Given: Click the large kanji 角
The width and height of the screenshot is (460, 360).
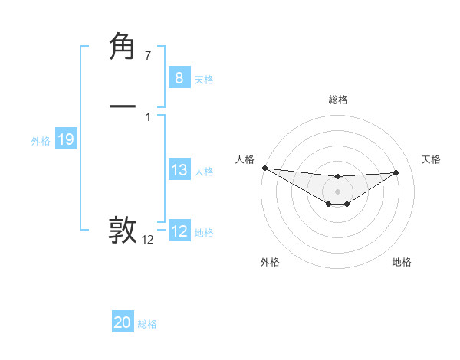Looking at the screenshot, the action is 123,47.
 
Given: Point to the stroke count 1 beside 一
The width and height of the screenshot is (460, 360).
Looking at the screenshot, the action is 147,116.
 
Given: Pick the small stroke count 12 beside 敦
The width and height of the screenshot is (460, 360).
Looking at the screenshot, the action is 147,240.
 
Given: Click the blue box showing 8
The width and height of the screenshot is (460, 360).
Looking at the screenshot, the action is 179,78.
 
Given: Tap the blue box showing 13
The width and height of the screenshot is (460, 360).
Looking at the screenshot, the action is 179,170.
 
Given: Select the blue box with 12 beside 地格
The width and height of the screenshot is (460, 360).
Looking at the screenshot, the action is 179,231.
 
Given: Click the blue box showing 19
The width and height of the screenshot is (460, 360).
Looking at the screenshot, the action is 65,139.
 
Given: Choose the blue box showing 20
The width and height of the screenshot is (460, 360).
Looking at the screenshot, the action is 123,322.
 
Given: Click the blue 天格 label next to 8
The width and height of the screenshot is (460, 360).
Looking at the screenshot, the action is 204,80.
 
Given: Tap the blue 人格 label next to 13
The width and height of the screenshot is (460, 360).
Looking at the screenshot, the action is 204,172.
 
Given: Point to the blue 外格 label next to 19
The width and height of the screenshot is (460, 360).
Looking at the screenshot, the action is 41,141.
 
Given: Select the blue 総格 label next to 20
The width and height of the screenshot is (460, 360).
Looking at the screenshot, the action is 147,324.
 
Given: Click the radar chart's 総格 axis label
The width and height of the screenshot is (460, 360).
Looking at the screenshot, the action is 337,100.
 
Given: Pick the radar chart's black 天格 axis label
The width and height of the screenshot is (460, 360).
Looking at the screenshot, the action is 431,159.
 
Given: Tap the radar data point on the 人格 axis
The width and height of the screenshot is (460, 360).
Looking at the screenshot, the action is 264,168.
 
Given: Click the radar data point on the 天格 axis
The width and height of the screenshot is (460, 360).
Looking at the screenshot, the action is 396,172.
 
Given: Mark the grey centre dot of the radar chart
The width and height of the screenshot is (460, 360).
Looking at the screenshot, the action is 337,191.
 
